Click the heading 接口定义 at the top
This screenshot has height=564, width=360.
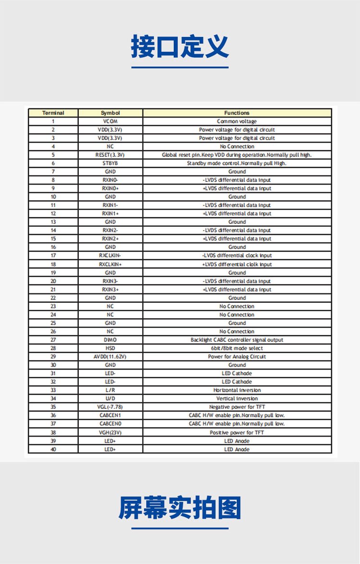click(180, 47)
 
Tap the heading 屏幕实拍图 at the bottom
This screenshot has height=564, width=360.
click(180, 508)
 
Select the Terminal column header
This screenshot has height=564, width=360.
click(53, 113)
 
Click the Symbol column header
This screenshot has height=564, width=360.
click(110, 113)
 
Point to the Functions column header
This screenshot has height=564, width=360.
click(237, 113)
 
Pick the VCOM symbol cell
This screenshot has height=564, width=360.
click(110, 121)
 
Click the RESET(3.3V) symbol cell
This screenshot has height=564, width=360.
click(110, 155)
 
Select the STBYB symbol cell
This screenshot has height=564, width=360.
click(110, 163)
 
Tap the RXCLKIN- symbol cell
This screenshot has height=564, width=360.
click(110, 256)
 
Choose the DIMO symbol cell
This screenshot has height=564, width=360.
click(110, 340)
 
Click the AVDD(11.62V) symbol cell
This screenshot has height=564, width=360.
click(110, 356)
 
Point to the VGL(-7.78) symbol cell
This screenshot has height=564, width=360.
click(110, 407)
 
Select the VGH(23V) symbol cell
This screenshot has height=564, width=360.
click(110, 432)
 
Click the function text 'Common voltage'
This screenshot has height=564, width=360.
click(237, 121)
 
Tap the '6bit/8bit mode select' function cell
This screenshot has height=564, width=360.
click(237, 348)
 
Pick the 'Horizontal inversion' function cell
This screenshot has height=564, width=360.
click(237, 390)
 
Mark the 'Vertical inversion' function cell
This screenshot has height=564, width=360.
click(237, 399)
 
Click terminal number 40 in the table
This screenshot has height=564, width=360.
click(53, 449)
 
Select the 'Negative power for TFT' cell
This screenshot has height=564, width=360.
click(237, 407)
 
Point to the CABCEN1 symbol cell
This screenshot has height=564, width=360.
click(110, 415)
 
